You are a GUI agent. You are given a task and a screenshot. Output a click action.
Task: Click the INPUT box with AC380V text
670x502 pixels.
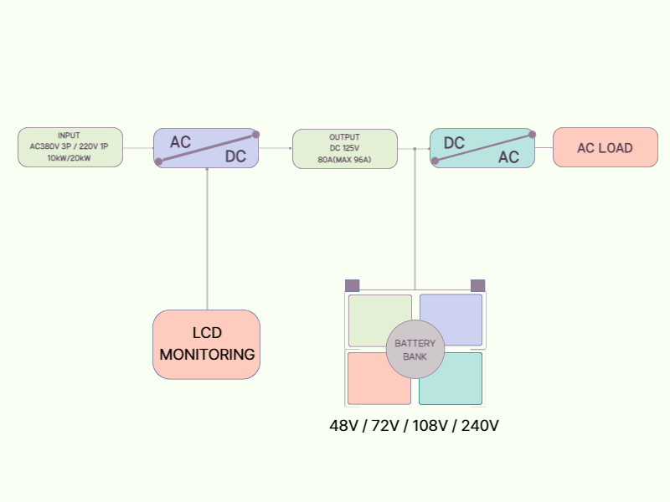70,147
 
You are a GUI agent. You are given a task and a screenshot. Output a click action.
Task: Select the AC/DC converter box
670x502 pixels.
207,148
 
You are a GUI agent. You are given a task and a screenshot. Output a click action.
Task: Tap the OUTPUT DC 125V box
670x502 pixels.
344,148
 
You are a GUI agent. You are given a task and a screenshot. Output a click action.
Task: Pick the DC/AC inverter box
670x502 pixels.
482,148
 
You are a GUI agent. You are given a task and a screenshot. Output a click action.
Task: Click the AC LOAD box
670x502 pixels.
605,148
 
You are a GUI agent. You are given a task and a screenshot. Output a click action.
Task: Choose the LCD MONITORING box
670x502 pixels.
207,345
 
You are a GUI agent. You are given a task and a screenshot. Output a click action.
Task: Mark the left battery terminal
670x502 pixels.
352,285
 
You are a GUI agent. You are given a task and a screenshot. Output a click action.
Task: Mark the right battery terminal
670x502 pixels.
478,285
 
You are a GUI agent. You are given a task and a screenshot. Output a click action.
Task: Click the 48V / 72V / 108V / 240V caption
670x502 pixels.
415,426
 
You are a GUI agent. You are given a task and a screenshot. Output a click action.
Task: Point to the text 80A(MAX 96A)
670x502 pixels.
344,159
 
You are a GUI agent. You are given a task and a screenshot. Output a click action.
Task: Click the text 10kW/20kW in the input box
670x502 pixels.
70,157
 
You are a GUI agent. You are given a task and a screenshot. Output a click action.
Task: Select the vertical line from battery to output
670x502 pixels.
415,218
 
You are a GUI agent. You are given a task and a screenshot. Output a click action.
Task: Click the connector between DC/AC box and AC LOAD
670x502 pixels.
544,148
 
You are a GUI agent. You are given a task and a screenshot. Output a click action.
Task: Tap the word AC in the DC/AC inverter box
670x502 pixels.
508,157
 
